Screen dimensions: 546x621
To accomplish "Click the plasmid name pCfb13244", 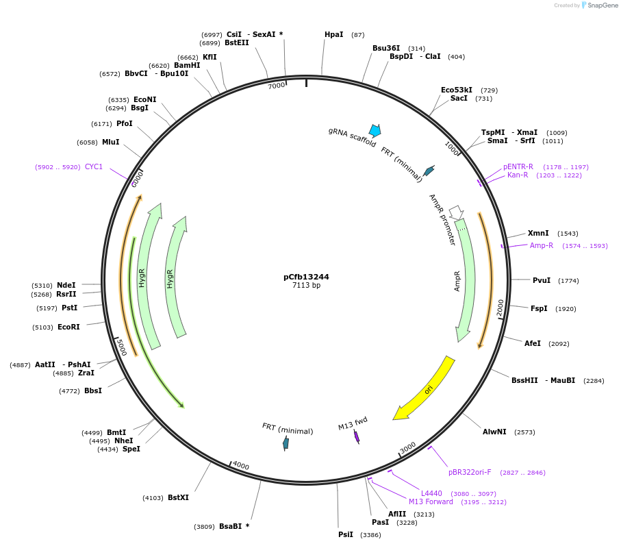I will click(306, 277).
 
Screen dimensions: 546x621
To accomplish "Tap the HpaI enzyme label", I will click(334, 34).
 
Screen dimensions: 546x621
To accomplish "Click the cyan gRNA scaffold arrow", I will click(375, 130).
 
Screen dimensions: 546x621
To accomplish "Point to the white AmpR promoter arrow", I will click(456, 212).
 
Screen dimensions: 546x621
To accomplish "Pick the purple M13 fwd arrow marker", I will click(357, 436).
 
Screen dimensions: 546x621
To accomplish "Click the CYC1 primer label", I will click(94, 166).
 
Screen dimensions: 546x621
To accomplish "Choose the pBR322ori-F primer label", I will click(470, 472).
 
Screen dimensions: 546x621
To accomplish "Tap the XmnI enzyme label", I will click(538, 233).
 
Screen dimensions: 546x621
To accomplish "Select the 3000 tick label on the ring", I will click(407, 447).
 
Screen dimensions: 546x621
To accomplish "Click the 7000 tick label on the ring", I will click(276, 86).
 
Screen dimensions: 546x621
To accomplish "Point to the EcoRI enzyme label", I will click(68, 327).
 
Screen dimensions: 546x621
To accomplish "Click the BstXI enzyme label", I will click(178, 497).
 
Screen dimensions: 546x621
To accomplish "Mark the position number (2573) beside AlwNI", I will click(524, 432).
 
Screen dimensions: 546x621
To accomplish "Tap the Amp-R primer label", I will click(541, 245).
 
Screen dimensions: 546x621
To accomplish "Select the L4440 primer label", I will click(431, 493).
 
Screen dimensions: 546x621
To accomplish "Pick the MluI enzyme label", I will click(110, 142).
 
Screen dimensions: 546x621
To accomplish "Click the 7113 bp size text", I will click(306, 286).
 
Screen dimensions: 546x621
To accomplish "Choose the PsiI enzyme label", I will click(346, 534).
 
